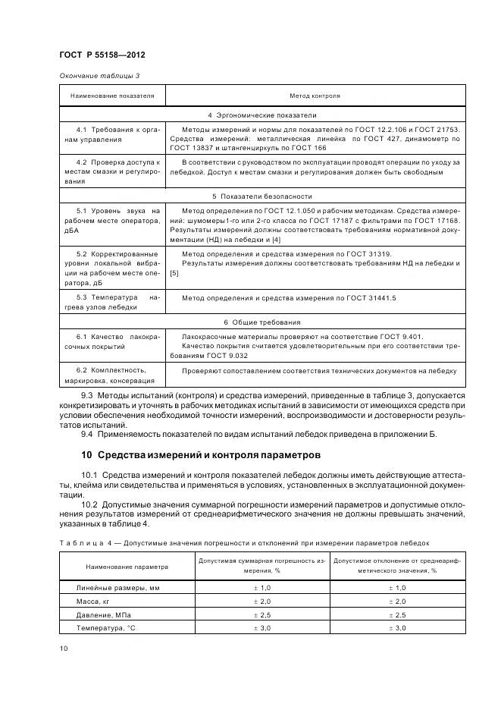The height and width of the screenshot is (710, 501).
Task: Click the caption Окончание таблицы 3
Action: coord(99,76)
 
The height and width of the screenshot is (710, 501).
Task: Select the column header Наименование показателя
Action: coord(112,96)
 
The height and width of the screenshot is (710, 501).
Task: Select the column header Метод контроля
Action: coord(315,96)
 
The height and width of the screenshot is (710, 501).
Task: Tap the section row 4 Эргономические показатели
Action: coord(262,115)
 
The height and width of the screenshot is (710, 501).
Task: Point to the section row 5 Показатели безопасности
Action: coord(262,196)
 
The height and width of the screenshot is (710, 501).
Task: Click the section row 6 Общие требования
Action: coord(262,322)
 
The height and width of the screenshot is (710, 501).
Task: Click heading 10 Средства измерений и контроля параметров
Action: coord(201,455)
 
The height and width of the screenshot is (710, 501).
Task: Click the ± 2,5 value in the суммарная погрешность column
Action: coord(261,615)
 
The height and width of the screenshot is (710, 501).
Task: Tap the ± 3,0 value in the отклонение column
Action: coord(397,629)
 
